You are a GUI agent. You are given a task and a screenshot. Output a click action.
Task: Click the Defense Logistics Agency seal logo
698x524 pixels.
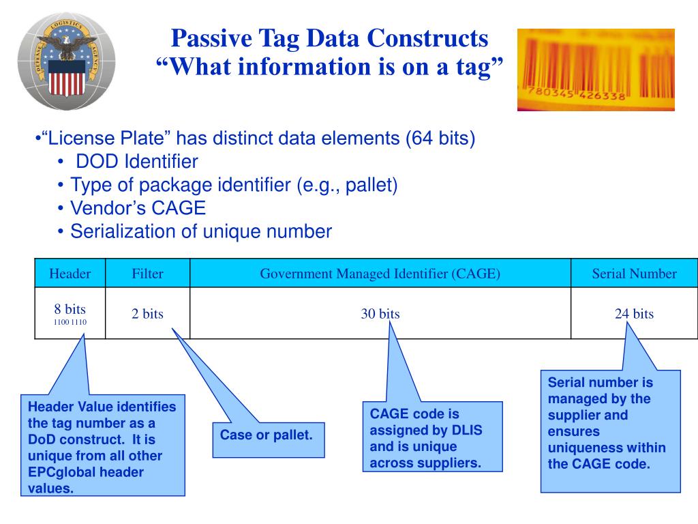[x=66, y=62]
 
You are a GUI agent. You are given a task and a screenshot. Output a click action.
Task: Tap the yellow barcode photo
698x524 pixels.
[x=595, y=70]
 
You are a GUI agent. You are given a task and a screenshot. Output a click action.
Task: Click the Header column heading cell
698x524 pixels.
[x=70, y=274]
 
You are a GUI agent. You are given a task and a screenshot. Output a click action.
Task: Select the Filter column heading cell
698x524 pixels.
[x=147, y=274]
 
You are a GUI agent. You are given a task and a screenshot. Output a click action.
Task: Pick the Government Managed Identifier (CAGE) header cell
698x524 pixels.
[x=380, y=274]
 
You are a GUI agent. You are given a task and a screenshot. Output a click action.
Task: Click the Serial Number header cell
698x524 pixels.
[x=634, y=274]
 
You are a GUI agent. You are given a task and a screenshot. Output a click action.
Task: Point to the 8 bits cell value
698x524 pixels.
[x=70, y=309]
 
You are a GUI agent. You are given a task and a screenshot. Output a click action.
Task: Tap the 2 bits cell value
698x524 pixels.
[x=147, y=314]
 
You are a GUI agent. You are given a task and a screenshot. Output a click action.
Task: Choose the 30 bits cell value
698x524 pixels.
[x=380, y=314]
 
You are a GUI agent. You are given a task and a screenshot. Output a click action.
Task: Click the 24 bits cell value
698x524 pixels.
[x=634, y=314]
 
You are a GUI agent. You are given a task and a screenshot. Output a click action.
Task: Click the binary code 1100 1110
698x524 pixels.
[x=70, y=322]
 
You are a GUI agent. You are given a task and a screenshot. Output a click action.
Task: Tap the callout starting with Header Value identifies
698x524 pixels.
[x=102, y=447]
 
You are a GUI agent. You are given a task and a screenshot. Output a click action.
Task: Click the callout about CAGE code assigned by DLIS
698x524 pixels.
[x=431, y=438]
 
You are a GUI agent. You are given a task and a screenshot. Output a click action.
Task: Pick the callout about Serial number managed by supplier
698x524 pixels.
[x=610, y=430]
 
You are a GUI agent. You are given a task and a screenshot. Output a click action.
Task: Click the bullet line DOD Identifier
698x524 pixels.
[x=136, y=162]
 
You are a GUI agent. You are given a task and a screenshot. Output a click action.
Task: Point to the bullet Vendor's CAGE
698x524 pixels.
[x=138, y=208]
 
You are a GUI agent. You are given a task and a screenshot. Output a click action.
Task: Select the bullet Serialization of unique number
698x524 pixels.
[x=201, y=231]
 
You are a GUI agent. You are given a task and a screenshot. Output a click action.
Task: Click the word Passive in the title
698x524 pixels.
[x=204, y=39]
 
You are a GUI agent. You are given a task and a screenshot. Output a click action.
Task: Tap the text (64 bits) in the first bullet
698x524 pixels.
[x=440, y=139]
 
